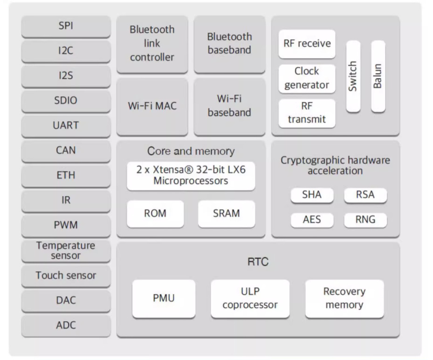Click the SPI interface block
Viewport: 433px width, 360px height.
coord(66,27)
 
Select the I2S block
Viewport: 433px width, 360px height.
coord(66,76)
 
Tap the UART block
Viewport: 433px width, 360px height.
coord(66,126)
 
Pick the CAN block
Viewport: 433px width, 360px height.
coord(66,151)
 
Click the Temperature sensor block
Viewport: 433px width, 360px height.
coord(66,251)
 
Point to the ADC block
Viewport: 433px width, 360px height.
coord(66,326)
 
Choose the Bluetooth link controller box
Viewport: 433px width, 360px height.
coord(152,44)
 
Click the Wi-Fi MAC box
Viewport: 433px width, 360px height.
coord(152,107)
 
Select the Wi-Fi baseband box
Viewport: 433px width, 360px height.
coord(229,107)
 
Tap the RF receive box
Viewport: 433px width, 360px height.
coord(307,44)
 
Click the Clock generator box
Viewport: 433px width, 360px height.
coord(307,79)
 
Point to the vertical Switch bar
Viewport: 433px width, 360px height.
coord(353,76)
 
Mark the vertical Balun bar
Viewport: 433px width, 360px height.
coord(378,76)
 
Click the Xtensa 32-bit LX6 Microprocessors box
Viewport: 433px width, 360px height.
coord(191,176)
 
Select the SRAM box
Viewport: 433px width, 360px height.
coord(227,214)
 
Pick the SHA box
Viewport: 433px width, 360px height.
coord(312,195)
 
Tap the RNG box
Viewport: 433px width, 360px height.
coord(365,220)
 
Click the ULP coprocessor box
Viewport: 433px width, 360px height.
coord(250,299)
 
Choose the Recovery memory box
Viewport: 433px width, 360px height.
coord(344,299)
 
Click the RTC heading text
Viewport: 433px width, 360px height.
coord(258,262)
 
